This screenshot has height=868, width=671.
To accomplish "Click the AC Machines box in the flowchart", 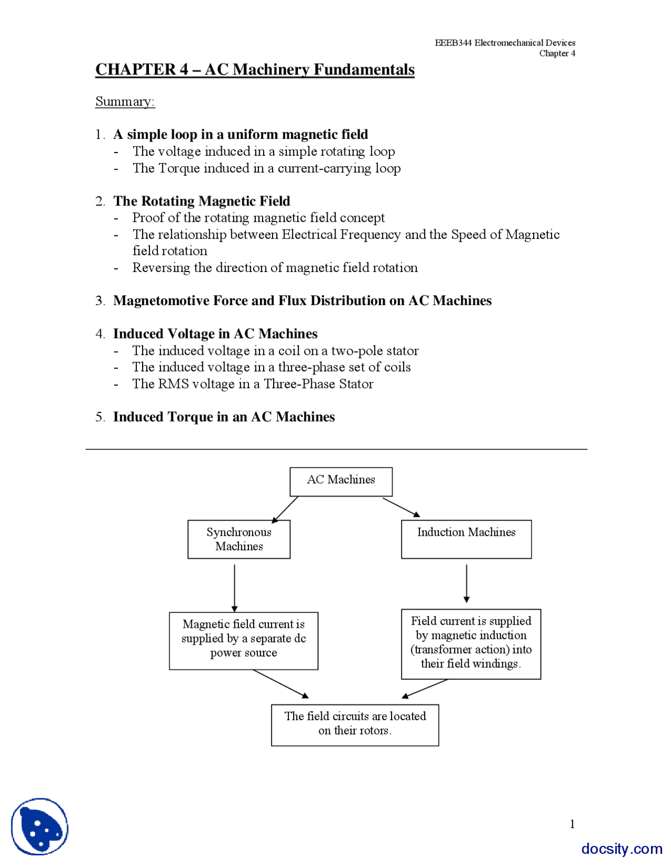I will click(x=341, y=481).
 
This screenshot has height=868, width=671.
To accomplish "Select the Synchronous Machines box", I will click(x=239, y=539).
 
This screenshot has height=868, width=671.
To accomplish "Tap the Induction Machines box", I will click(x=466, y=539).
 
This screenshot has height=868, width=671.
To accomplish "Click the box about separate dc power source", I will click(x=243, y=640).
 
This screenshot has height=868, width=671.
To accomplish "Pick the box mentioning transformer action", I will click(x=470, y=644).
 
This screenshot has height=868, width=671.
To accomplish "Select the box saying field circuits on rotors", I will click(x=355, y=724).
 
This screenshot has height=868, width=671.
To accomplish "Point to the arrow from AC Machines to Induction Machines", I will click(x=401, y=507).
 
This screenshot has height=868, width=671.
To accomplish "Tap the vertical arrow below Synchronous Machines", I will click(x=234, y=587).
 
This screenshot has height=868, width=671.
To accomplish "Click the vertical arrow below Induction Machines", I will click(x=466, y=583).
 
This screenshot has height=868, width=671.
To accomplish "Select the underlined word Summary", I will click(x=125, y=102).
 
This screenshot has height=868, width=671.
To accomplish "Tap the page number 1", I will click(x=572, y=824).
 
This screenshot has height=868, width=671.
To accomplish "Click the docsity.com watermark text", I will click(x=621, y=849).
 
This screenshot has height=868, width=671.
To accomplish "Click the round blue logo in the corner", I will click(x=40, y=827).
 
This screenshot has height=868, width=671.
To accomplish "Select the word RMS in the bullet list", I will click(x=174, y=384).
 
